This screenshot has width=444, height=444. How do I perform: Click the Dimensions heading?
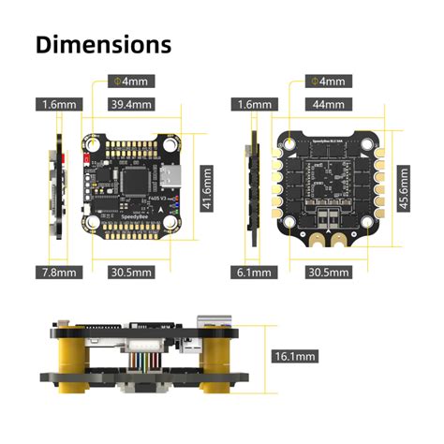point(103,44)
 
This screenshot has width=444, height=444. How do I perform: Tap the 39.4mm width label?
point(130,104)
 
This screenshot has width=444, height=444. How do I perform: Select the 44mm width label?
point(328,104)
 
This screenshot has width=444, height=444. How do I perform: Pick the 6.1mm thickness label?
point(253,273)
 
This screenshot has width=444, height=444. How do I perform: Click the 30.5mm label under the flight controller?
point(130,273)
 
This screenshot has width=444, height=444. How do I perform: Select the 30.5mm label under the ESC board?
point(328,273)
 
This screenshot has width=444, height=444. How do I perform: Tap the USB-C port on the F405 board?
point(171,177)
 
